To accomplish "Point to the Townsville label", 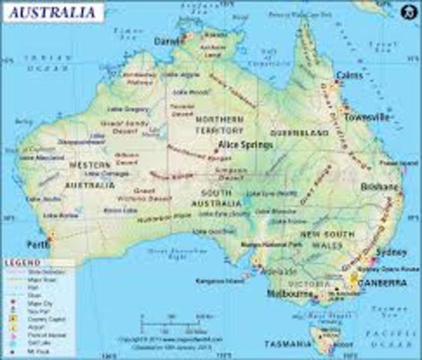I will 367,118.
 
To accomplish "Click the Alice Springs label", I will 245,145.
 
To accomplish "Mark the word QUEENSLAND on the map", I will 305,133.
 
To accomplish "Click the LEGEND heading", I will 22,263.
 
